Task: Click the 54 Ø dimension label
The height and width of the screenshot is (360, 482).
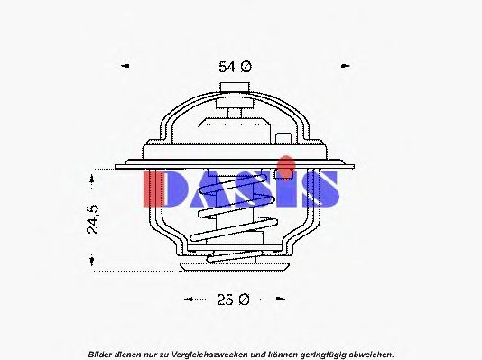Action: [x=235, y=67]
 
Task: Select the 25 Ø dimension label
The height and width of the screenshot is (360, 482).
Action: [x=234, y=299]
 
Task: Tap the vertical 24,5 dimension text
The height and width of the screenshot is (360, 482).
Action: [x=93, y=219]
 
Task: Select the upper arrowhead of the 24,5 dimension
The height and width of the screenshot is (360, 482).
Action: [x=93, y=173]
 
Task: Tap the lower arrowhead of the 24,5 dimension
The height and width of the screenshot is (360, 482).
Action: [x=93, y=263]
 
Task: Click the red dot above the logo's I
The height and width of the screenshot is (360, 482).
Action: [x=285, y=162]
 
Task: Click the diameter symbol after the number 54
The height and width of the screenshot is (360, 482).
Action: [x=246, y=67]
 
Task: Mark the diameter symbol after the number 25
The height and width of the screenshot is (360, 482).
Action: [x=244, y=299]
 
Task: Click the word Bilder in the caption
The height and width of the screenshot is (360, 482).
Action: [x=101, y=353]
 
